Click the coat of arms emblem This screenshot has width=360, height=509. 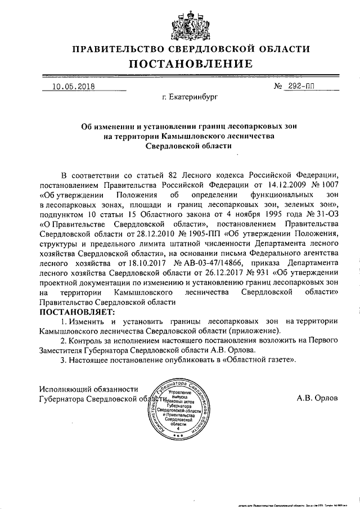click(180, 24)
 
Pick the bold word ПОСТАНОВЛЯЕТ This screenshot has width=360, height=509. click(76, 311)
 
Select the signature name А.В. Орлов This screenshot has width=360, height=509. click(318, 397)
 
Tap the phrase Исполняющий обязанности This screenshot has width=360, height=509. click(89, 388)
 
